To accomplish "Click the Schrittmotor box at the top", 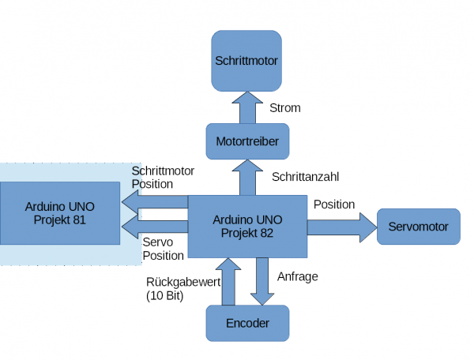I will (247, 59).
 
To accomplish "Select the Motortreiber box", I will (247, 142).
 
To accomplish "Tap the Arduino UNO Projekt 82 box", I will (247, 227).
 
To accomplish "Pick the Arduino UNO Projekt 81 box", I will (59, 213).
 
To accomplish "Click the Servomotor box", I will (418, 227).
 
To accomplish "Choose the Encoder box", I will (247, 323).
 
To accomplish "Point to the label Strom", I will (285, 107).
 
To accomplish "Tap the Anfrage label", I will (298, 276).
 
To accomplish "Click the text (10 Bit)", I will (165, 296).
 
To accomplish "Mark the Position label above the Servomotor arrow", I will (334, 204).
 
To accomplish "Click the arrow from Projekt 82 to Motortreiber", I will (247, 178).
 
